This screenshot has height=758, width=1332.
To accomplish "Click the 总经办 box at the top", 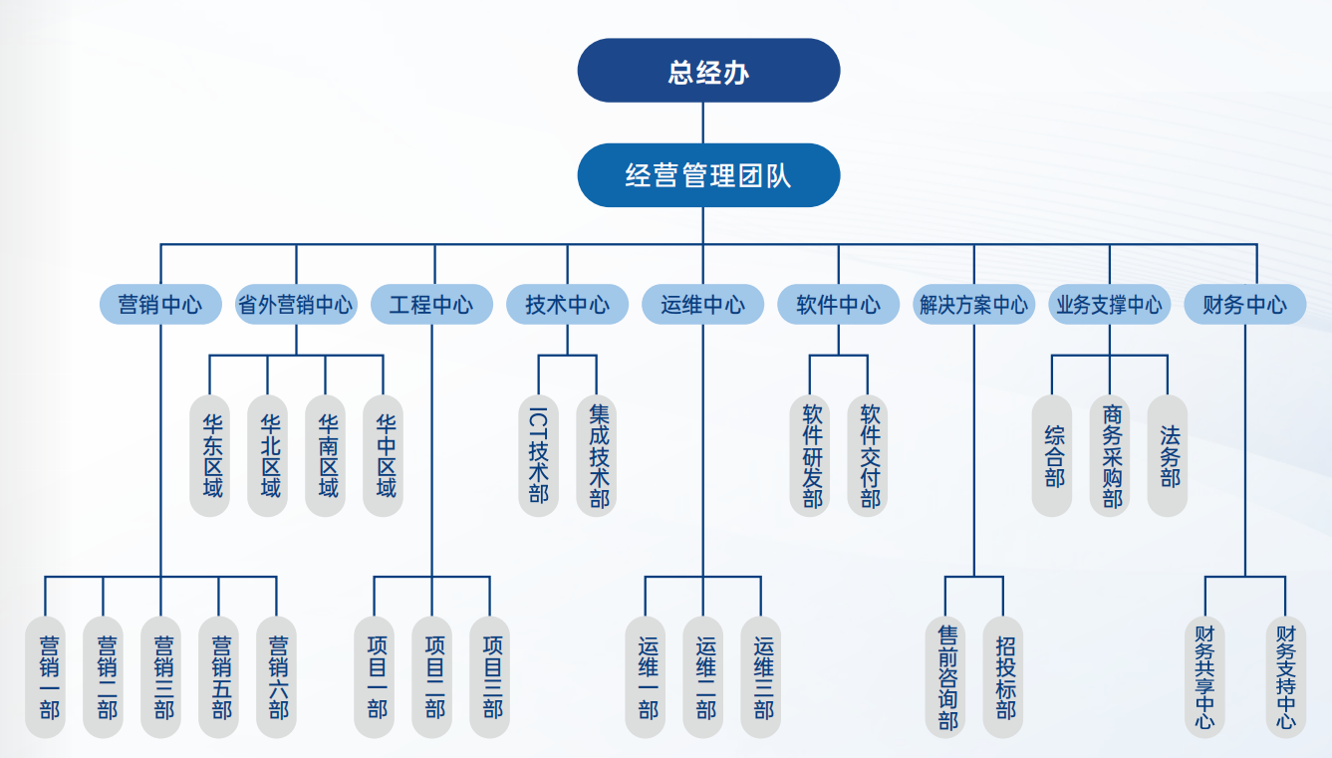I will click(x=708, y=71).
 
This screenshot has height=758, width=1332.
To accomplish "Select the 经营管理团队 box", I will click(x=708, y=176).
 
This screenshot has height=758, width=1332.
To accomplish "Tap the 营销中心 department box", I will click(x=159, y=305).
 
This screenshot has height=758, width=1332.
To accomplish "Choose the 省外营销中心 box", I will click(x=296, y=305).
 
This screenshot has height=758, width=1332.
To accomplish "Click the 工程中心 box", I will click(x=431, y=305).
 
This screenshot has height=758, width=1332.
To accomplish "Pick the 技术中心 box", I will click(x=568, y=305).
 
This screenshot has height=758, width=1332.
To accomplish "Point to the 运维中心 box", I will click(x=702, y=305).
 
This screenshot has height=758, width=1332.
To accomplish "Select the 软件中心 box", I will click(x=838, y=305).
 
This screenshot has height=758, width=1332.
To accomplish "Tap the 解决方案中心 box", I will click(x=973, y=305).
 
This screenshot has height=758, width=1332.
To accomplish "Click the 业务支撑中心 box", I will click(x=1109, y=305).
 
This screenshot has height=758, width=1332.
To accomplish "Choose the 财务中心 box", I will click(x=1244, y=305).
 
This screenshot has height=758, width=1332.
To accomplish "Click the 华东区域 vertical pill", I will click(x=210, y=455).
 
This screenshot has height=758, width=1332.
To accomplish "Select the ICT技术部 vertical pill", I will click(x=539, y=455).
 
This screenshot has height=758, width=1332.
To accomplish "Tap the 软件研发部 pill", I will click(x=810, y=455).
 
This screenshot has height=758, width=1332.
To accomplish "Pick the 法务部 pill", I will click(x=1168, y=455).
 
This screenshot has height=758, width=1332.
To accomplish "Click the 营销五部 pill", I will click(x=219, y=677).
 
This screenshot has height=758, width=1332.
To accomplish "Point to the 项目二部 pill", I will click(x=432, y=677).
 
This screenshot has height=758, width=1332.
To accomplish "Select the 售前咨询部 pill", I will click(x=946, y=677).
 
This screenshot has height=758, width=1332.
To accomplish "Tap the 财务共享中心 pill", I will click(x=1205, y=677).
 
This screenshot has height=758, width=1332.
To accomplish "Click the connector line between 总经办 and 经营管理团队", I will click(x=703, y=123).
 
